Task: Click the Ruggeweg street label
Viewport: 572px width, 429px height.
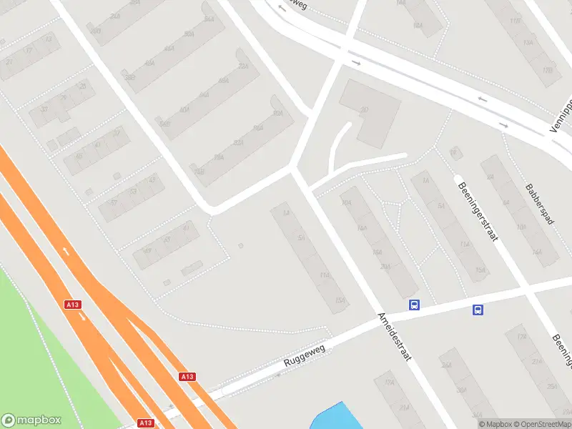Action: pos(305,355)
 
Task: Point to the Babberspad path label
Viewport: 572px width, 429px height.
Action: pos(539,204)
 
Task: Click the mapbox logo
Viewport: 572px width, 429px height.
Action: pos(31,420)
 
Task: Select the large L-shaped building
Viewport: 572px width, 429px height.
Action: pos(372,114)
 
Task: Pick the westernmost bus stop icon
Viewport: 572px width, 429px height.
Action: pos(414,305)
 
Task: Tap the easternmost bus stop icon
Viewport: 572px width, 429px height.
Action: pos(478,310)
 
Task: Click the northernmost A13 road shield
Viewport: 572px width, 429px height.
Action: pos(72,305)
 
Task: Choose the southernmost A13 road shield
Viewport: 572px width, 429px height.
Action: pos(146,423)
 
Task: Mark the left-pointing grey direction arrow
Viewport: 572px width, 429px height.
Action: pos(483,99)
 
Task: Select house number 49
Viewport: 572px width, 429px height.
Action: pos(148,250)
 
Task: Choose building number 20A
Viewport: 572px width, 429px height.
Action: pos(386,267)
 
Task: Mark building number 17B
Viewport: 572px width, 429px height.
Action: pos(547,70)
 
